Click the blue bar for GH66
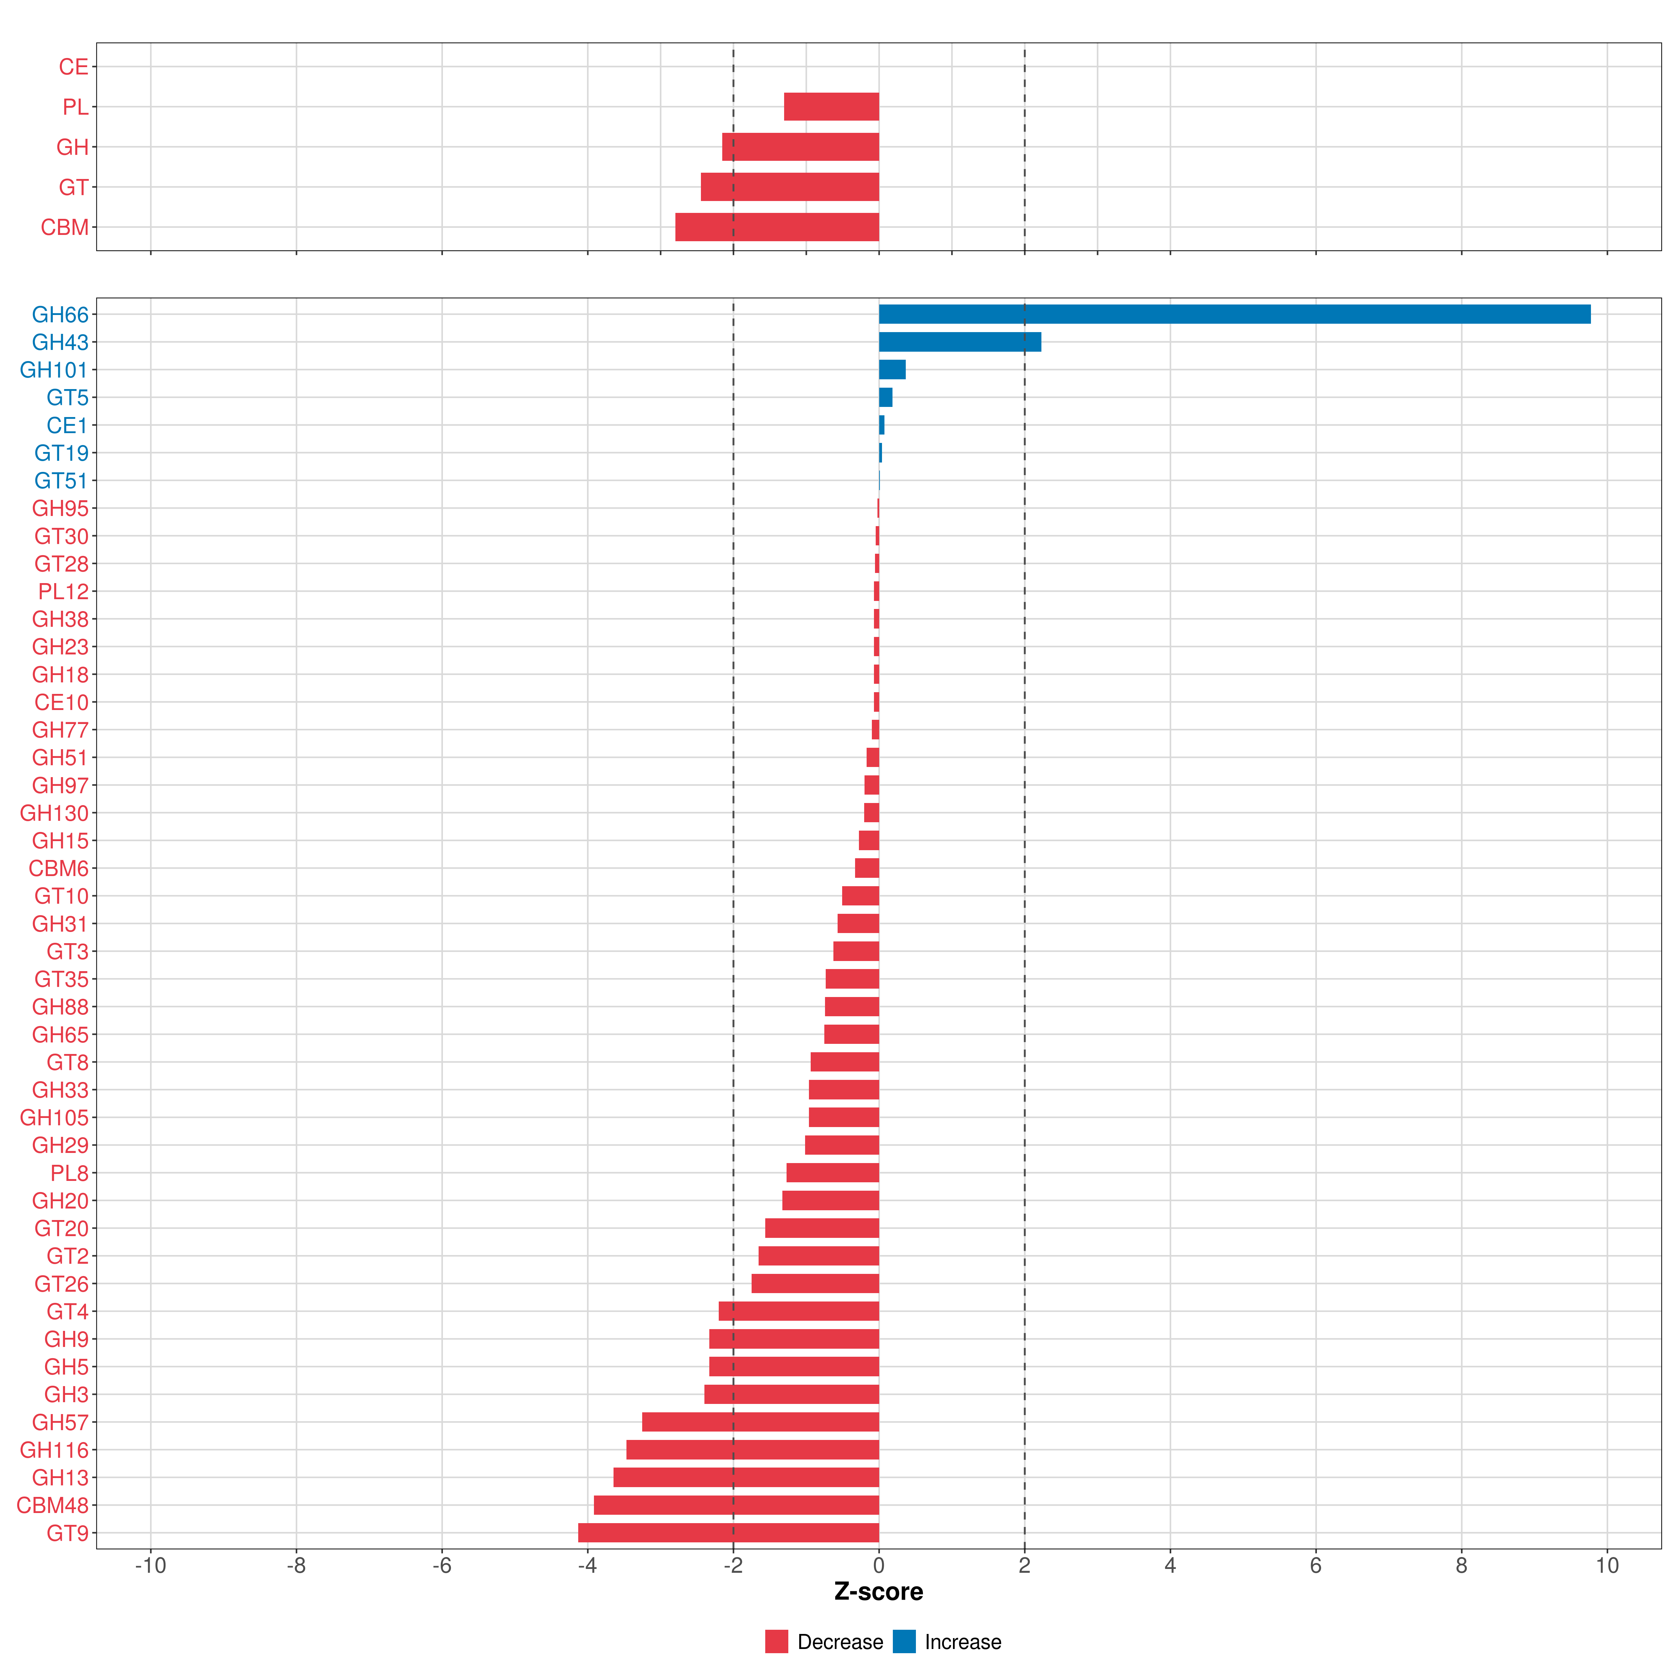(1233, 314)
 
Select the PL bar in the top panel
(831, 107)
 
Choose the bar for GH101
(892, 370)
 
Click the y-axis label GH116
(54, 1450)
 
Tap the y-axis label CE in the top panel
(74, 67)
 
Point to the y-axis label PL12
(63, 591)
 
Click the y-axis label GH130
(54, 813)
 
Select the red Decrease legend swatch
(776, 1642)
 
